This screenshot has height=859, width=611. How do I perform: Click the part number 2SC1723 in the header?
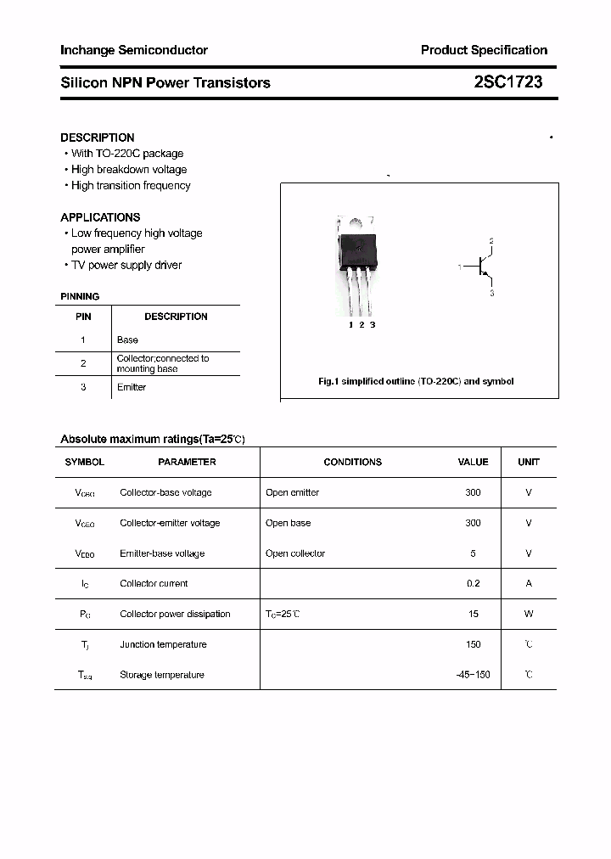pyautogui.click(x=507, y=82)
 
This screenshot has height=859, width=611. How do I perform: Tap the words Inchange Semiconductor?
pyautogui.click(x=134, y=50)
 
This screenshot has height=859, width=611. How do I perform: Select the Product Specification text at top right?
pyautogui.click(x=484, y=50)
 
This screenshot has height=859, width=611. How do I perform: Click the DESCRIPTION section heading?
pyautogui.click(x=98, y=138)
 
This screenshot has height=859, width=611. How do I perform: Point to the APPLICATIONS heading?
pyautogui.click(x=100, y=217)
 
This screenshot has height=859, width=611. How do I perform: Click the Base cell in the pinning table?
pyautogui.click(x=127, y=340)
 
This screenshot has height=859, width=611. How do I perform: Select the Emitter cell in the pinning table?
pyautogui.click(x=132, y=387)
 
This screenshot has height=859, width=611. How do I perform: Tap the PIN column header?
pyautogui.click(x=83, y=317)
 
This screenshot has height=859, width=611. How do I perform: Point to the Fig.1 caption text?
pyautogui.click(x=416, y=381)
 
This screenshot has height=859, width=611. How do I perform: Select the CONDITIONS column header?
pyautogui.click(x=353, y=462)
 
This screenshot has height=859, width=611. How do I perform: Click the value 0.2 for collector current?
pyautogui.click(x=473, y=583)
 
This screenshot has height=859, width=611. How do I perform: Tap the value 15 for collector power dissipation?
pyautogui.click(x=473, y=614)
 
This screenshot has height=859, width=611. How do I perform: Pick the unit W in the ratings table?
pyautogui.click(x=529, y=614)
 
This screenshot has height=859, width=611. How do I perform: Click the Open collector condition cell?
pyautogui.click(x=295, y=553)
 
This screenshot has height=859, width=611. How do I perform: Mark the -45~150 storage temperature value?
pyautogui.click(x=473, y=675)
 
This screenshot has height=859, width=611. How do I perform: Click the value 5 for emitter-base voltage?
pyautogui.click(x=473, y=553)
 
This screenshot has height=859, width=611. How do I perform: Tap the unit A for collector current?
pyautogui.click(x=529, y=583)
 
